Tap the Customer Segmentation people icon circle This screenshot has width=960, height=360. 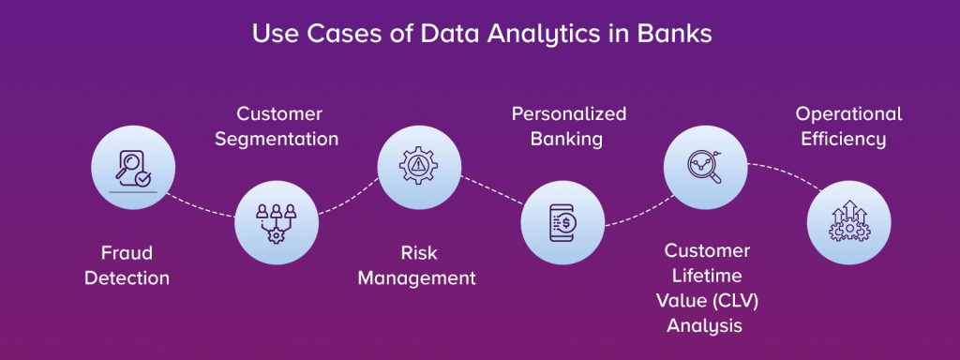(x=276, y=222)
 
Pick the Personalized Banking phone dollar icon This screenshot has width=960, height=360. (x=562, y=222)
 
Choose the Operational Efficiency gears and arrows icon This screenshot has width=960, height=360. (x=848, y=222)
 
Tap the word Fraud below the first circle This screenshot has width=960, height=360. (x=127, y=253)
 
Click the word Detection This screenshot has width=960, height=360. (x=127, y=278)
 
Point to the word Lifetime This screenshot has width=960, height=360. (x=706, y=276)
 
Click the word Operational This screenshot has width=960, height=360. (x=848, y=114)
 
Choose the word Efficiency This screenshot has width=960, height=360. (x=848, y=140)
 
